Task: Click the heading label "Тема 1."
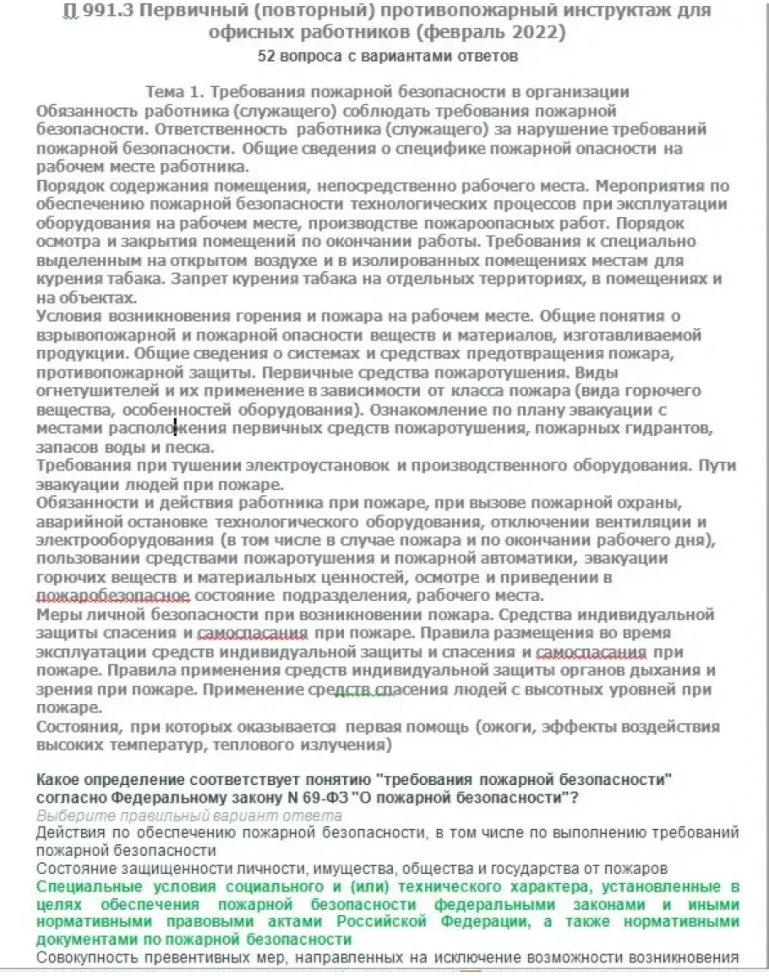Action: (176, 93)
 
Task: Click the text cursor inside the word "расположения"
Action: (175, 428)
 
